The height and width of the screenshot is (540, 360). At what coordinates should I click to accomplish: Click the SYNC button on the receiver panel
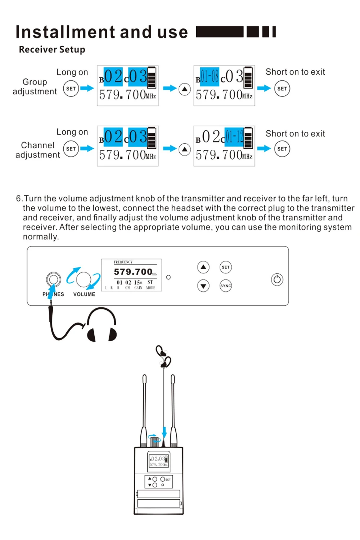[226, 286]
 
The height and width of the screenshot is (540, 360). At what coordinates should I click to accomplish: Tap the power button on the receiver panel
[277, 280]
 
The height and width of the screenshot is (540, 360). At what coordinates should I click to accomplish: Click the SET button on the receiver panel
[226, 267]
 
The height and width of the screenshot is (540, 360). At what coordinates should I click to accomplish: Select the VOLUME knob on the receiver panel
[84, 279]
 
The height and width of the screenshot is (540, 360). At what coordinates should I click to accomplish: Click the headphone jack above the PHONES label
[54, 279]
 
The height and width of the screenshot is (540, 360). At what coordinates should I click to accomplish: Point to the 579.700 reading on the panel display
[133, 272]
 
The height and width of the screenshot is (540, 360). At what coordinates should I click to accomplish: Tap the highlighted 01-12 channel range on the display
[234, 137]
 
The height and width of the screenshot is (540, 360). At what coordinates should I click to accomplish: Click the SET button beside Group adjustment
[71, 89]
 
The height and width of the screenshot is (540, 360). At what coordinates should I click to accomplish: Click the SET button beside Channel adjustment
[71, 149]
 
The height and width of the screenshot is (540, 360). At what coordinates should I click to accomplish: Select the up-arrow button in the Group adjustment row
[184, 89]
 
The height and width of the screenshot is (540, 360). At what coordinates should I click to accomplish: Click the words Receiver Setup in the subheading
[52, 49]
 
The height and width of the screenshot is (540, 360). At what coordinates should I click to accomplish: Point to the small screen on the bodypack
[159, 461]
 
